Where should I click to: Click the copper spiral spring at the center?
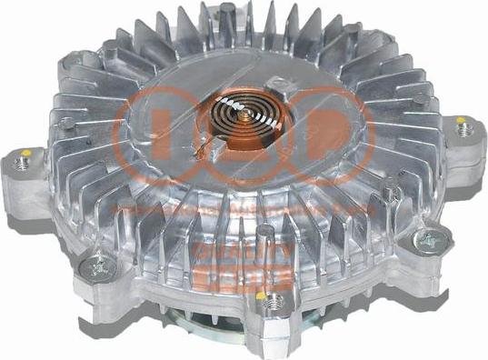247,119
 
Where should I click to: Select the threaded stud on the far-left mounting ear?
23,165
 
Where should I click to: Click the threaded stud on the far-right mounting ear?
465,129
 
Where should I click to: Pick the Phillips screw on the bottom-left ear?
96,266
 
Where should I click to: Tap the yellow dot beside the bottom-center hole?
263,295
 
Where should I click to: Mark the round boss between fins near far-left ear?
69,121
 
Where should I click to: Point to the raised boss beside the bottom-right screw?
391,193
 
